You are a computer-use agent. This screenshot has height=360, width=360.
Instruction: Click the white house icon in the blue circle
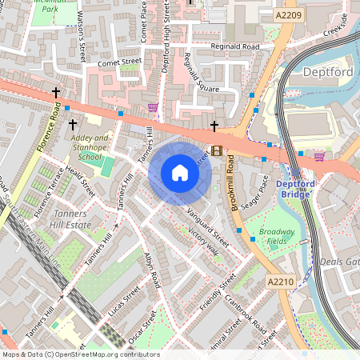point(180,173)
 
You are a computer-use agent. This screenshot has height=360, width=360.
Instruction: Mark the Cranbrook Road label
point(246,314)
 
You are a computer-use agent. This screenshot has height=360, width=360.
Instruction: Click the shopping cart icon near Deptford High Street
point(153,107)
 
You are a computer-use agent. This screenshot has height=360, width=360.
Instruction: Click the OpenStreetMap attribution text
point(80,354)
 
